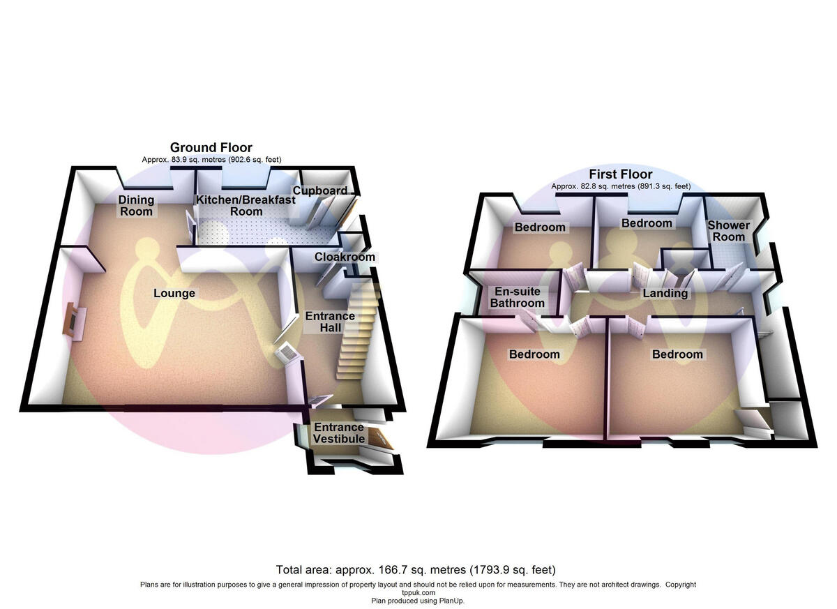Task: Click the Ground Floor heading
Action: tap(211, 147)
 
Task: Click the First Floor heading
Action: tap(621, 174)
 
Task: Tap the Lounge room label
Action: tap(174, 293)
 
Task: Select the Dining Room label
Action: tap(137, 206)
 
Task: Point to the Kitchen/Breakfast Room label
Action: tap(246, 206)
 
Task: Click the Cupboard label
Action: tap(319, 190)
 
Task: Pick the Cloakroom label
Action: tap(345, 257)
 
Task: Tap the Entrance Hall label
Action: tap(330, 322)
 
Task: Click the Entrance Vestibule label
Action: tap(338, 433)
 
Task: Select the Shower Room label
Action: tap(729, 231)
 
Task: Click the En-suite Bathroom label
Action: tap(517, 297)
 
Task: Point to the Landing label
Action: tap(665, 293)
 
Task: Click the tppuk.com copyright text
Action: tap(418, 592)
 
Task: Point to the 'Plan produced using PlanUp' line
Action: tap(418, 600)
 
